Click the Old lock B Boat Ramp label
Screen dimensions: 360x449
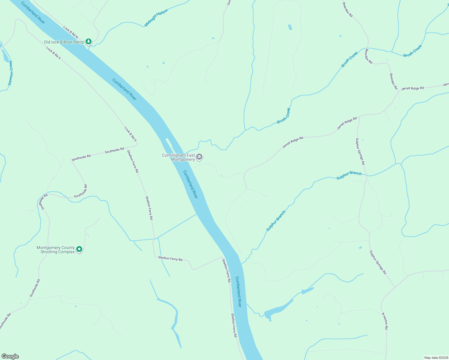click(64, 42)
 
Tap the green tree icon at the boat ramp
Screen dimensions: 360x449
click(88, 41)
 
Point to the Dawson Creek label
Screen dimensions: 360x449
click(11, 73)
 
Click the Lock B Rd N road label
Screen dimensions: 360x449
click(71, 32)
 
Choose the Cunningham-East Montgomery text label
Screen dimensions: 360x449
click(179, 157)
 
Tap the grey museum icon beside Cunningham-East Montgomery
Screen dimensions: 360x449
click(200, 157)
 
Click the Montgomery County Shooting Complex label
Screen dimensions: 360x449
click(56, 250)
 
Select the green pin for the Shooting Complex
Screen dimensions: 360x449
click(79, 249)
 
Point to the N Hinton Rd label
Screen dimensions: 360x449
click(385, 321)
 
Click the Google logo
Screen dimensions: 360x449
click(10, 356)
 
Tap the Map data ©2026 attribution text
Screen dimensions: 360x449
click(435, 358)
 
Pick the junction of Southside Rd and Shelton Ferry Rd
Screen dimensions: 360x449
click(137, 146)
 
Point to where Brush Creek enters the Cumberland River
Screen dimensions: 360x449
click(184, 153)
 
